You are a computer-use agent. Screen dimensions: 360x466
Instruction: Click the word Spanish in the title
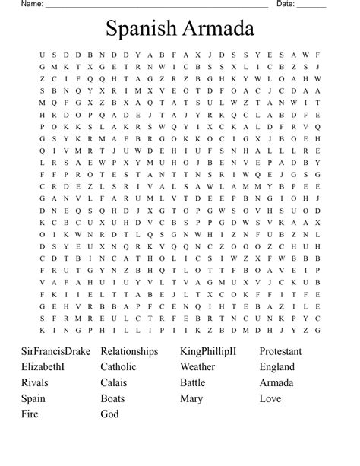tap(141, 31)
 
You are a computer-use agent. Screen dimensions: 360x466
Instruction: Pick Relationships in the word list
tap(129, 352)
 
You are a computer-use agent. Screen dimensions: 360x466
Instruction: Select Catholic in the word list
tap(118, 367)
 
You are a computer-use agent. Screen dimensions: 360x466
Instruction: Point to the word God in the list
tap(109, 414)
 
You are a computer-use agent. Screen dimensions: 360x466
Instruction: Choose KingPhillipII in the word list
tap(208, 352)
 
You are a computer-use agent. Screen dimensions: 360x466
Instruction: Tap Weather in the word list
tap(197, 367)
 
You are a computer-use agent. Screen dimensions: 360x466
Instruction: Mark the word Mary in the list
tap(192, 399)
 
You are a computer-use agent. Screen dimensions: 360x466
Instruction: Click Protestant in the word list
tap(280, 352)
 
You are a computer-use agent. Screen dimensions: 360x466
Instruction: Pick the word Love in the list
tap(270, 399)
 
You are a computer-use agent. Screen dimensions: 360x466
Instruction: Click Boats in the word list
tap(114, 399)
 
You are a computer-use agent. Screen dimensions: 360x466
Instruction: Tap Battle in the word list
tap(193, 383)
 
